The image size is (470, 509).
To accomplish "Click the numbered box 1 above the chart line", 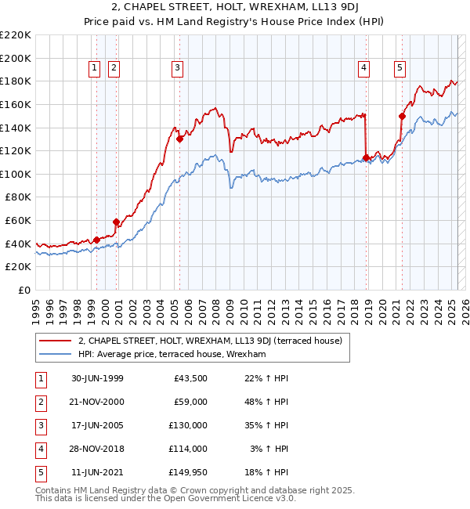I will [94, 69].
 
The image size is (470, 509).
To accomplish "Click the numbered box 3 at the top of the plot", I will [178, 69].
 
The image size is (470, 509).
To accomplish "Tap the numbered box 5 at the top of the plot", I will [399, 69].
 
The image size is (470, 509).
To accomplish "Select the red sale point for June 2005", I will [179, 139].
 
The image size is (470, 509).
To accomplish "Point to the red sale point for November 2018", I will [366, 158].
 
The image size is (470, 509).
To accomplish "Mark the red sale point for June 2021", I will [402, 116].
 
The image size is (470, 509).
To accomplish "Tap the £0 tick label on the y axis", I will [25, 290].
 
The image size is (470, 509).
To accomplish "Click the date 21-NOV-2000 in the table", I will [97, 402].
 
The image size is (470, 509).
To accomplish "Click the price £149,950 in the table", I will [188, 472].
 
